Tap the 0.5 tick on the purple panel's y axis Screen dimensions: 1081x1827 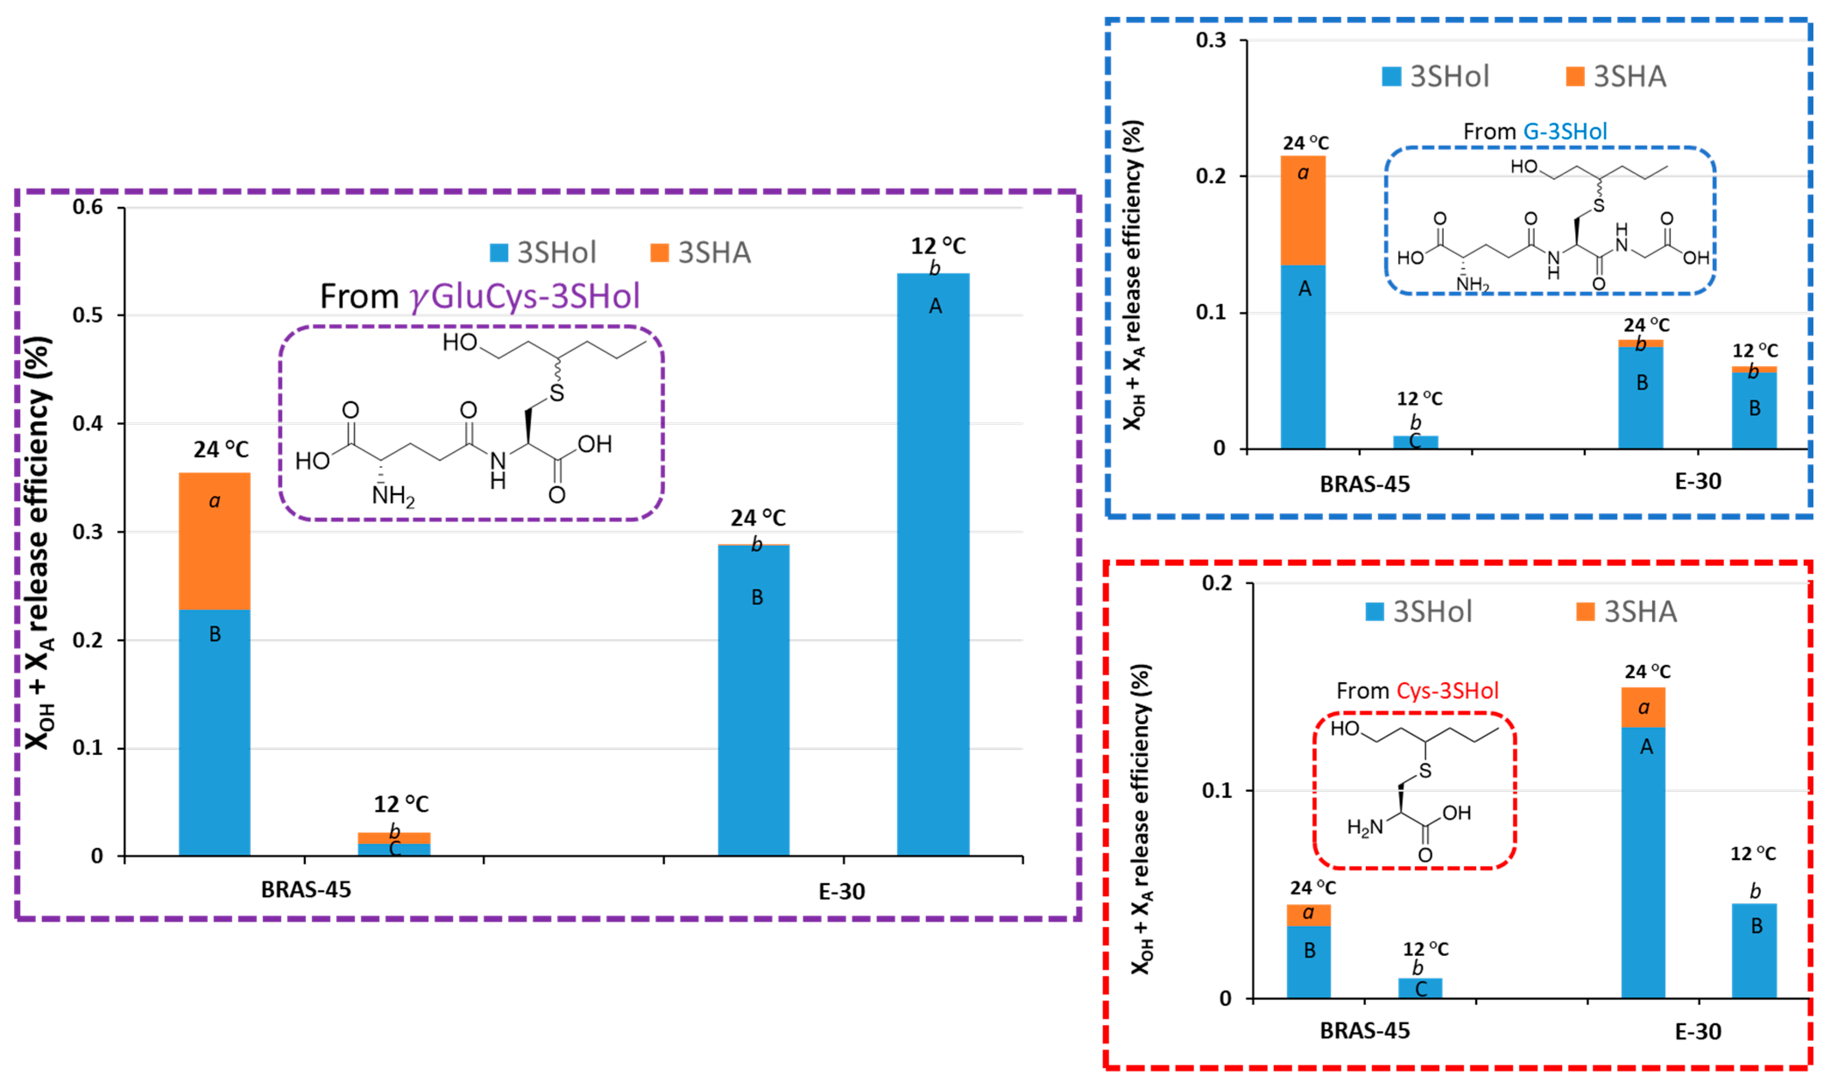pyautogui.click(x=88, y=316)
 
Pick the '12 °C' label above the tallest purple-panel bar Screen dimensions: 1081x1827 pyautogui.click(x=938, y=246)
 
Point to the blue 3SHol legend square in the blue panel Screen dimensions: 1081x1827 pyautogui.click(x=1391, y=77)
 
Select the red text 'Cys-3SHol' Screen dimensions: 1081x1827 pyautogui.click(x=1447, y=691)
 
